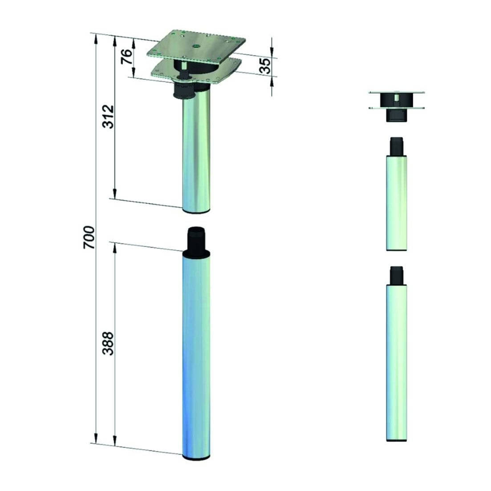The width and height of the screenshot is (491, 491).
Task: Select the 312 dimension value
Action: (108, 117)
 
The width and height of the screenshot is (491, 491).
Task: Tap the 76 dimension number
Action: (127, 56)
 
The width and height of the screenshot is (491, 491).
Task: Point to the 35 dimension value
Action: (265, 66)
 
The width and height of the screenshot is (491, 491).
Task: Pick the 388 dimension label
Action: (108, 343)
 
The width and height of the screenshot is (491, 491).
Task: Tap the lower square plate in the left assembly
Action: (223, 71)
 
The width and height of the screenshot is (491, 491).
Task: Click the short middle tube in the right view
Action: (396, 203)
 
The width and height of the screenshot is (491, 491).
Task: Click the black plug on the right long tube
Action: (396, 275)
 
